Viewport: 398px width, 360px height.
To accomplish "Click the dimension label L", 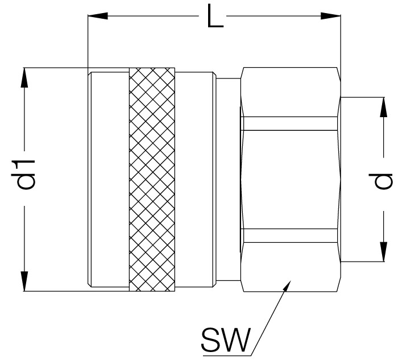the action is pos(215,16).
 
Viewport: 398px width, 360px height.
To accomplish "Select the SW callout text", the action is pos(226,339).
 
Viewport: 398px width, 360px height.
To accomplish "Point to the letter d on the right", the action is pos(383,181).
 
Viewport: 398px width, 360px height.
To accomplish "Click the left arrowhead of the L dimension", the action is pos(97,16).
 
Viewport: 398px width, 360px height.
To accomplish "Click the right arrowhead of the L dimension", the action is pos(330,16).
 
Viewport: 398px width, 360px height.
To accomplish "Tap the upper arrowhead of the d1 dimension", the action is pos(24,78).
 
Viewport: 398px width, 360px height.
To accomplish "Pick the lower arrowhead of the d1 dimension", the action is pos(24,281).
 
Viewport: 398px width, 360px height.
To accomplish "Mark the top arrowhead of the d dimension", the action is pos(384,107).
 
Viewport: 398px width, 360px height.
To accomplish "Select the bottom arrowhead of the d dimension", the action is pos(384,251).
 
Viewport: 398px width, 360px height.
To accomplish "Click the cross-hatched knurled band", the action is pos(152,179).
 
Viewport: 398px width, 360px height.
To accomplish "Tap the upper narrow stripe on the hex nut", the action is pos(290,123).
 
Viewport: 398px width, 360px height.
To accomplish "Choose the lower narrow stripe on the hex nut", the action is pos(290,235).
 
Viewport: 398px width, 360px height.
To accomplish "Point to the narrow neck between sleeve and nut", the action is pos(228,179).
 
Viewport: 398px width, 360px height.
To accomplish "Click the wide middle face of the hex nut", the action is pos(290,180).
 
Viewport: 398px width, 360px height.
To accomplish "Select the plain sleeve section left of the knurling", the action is pos(109,179).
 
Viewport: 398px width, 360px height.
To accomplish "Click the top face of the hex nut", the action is pos(290,92).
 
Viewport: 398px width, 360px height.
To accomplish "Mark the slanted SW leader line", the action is pos(270,318).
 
